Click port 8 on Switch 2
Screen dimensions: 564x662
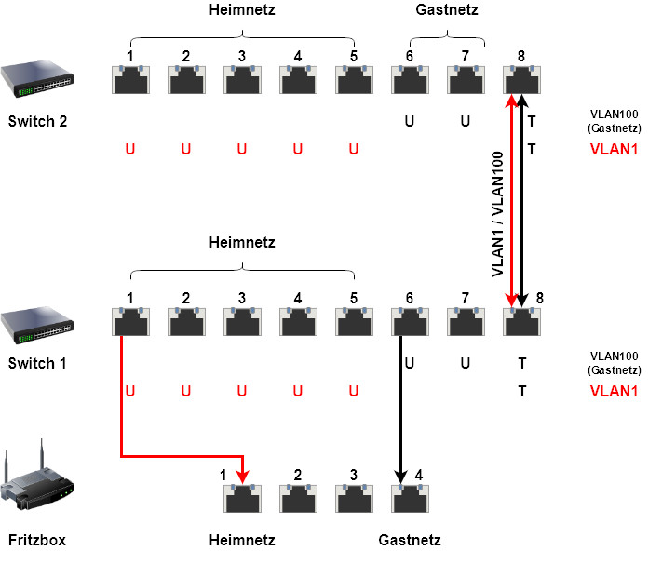tap(521, 80)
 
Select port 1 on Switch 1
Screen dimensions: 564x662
tap(130, 322)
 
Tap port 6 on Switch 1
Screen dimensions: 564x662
tap(410, 322)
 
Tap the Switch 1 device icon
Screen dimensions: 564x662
tap(37, 322)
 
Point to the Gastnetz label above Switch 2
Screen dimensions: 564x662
tap(445, 10)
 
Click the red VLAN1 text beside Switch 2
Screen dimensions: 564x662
tap(615, 149)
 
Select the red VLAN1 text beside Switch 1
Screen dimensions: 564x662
tap(615, 392)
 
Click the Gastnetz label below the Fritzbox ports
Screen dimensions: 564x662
tap(410, 540)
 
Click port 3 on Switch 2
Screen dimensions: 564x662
tap(242, 80)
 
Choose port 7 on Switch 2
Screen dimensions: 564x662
tap(466, 80)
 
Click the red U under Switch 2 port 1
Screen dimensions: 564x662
tap(129, 149)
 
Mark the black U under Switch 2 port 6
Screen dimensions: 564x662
tap(409, 121)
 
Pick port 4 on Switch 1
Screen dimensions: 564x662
tap(298, 322)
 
